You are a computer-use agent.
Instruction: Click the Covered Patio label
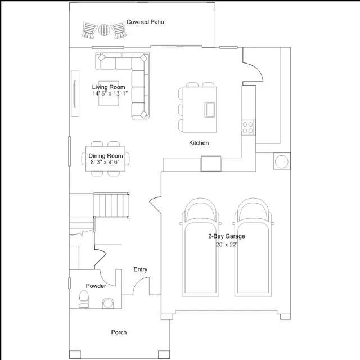(x=145, y=22)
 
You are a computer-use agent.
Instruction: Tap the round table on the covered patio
(x=104, y=30)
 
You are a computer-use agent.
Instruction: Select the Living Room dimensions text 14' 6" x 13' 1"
(x=110, y=93)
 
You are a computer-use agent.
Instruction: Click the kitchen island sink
(x=210, y=110)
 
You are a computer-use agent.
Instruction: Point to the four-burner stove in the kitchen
(x=248, y=128)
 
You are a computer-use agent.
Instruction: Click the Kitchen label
(x=199, y=143)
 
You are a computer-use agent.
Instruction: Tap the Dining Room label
(x=106, y=156)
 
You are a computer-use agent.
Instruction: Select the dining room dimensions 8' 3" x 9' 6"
(x=105, y=162)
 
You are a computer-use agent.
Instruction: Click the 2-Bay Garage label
(x=227, y=236)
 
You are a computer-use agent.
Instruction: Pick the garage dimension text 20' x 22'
(x=226, y=245)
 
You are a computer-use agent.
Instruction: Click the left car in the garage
(x=200, y=247)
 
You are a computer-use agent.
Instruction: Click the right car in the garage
(x=253, y=247)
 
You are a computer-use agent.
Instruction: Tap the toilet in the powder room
(x=84, y=299)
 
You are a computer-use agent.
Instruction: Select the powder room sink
(x=107, y=303)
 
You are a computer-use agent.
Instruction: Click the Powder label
(x=96, y=286)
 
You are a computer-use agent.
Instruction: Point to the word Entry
(x=141, y=269)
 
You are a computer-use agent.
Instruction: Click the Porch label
(x=119, y=332)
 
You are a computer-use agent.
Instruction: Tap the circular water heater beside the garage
(x=282, y=161)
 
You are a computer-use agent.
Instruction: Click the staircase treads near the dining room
(x=111, y=205)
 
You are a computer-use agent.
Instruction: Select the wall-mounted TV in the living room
(x=75, y=94)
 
